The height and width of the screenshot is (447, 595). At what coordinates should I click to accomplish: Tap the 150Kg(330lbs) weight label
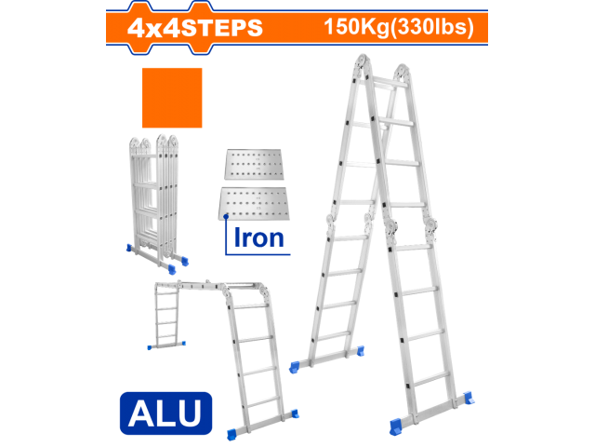click(400, 25)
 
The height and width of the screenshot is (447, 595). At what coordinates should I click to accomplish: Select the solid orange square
click(172, 97)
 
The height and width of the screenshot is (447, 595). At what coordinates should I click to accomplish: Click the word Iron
click(258, 237)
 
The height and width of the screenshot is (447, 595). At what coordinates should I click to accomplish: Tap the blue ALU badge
click(165, 412)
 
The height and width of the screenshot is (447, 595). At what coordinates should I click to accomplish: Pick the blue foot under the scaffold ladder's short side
click(153, 346)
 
